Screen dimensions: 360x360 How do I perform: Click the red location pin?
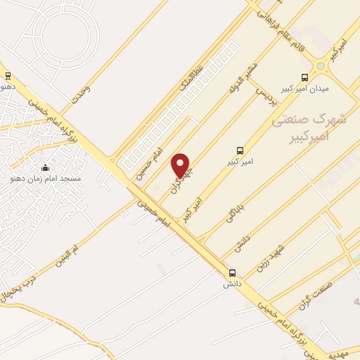(181, 165)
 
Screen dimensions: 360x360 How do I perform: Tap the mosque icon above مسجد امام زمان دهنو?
(46, 167)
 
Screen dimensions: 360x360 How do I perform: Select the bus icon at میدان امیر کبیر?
(304, 77)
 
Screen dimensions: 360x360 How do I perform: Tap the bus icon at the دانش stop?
(232, 273)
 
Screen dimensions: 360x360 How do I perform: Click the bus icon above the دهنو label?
(8, 75)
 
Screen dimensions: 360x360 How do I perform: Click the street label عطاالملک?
(190, 82)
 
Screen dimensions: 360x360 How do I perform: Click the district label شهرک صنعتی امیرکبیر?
(309, 128)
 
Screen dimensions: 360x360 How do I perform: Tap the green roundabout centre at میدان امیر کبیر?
(320, 66)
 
